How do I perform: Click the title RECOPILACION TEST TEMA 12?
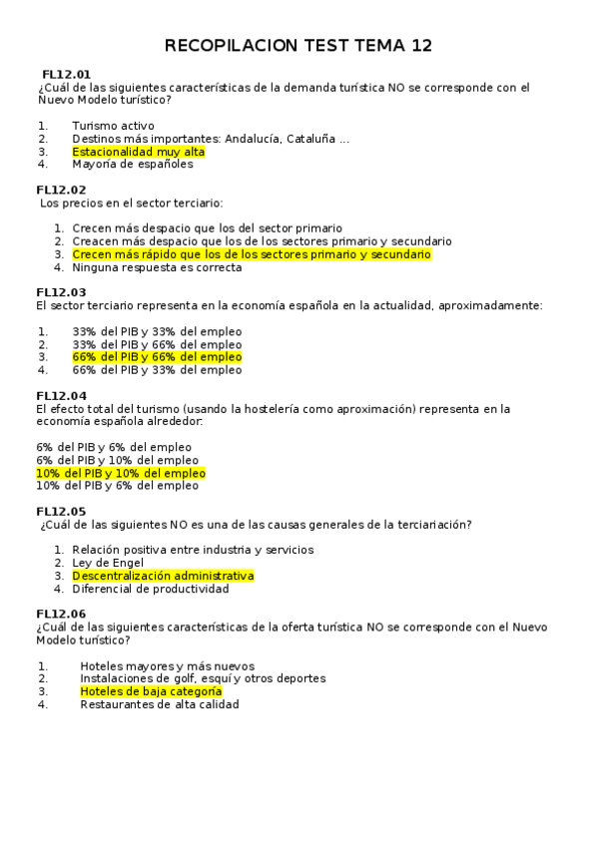click(298, 46)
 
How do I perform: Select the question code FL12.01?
click(67, 75)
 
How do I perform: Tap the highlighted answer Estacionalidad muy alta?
click(138, 152)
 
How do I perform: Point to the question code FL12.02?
click(61, 190)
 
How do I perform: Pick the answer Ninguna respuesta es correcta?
click(157, 267)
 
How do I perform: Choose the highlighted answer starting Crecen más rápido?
click(252, 254)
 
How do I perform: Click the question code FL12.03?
click(61, 292)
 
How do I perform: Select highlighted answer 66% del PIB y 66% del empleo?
click(157, 357)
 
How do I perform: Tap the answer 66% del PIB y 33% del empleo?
click(157, 370)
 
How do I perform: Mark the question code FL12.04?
click(61, 395)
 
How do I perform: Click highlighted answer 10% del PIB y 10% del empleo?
click(121, 473)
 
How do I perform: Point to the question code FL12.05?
click(61, 511)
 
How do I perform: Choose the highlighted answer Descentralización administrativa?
click(163, 576)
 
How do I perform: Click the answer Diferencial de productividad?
click(151, 589)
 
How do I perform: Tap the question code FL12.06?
click(61, 614)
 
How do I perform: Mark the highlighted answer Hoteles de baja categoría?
click(151, 691)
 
